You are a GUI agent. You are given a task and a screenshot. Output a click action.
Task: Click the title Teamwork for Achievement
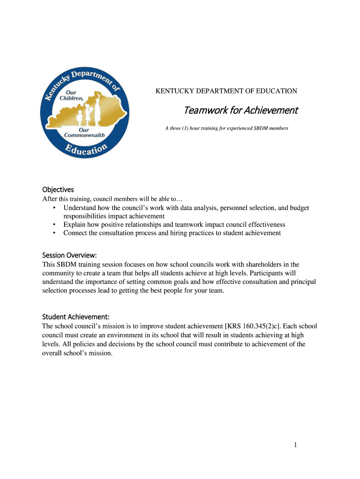pyautogui.click(x=240, y=110)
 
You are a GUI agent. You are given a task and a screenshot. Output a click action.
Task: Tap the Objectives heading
pyautogui.click(x=58, y=189)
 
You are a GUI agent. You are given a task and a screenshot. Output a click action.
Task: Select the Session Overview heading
pyautogui.click(x=69, y=255)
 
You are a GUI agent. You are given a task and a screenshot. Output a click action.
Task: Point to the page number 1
pyautogui.click(x=295, y=445)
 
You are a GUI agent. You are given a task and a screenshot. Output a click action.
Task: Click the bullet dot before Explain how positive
pyautogui.click(x=55, y=225)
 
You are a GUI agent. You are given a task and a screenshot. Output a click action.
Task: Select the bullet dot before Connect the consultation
pyautogui.click(x=55, y=233)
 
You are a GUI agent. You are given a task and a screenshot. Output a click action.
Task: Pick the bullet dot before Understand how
pyautogui.click(x=55, y=208)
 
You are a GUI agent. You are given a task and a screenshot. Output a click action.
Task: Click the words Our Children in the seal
pyautogui.click(x=71, y=95)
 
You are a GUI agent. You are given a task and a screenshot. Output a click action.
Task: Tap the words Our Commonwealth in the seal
pyautogui.click(x=84, y=132)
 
